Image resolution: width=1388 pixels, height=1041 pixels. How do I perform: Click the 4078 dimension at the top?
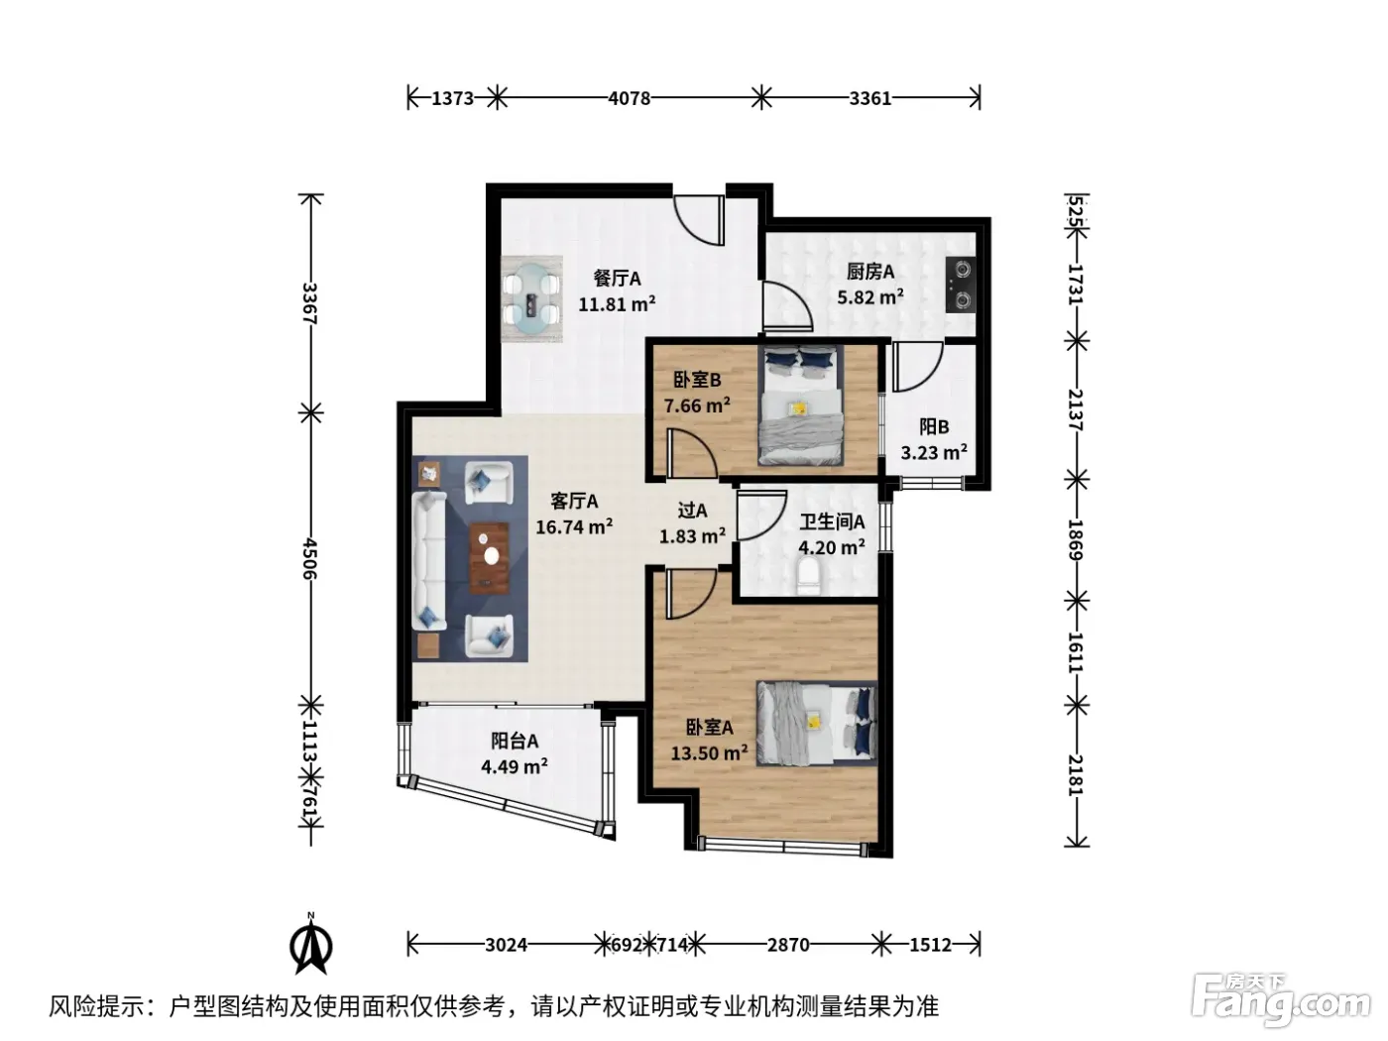(630, 98)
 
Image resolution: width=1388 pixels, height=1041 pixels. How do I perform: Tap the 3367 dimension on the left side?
(309, 303)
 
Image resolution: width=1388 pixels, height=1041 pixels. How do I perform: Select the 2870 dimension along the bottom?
(788, 945)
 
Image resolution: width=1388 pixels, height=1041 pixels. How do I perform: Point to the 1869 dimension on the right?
(1076, 539)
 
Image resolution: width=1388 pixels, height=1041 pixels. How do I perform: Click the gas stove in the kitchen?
(961, 286)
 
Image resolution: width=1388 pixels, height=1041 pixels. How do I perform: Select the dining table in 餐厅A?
(531, 299)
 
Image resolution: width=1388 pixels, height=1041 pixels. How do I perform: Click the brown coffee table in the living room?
(490, 558)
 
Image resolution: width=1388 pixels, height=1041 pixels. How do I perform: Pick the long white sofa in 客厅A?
(429, 561)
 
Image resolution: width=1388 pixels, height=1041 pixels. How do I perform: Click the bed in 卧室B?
(800, 405)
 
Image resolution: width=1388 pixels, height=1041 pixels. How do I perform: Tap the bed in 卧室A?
(816, 724)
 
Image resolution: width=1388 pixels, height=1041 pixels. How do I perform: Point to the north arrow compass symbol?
(311, 944)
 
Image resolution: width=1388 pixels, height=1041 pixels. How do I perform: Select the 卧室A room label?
(710, 728)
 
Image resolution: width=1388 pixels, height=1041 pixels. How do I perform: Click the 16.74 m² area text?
(574, 526)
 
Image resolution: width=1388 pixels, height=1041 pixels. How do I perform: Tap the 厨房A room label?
(870, 272)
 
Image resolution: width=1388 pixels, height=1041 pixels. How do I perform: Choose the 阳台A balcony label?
(515, 741)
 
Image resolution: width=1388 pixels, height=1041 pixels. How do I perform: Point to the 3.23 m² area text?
(934, 452)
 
